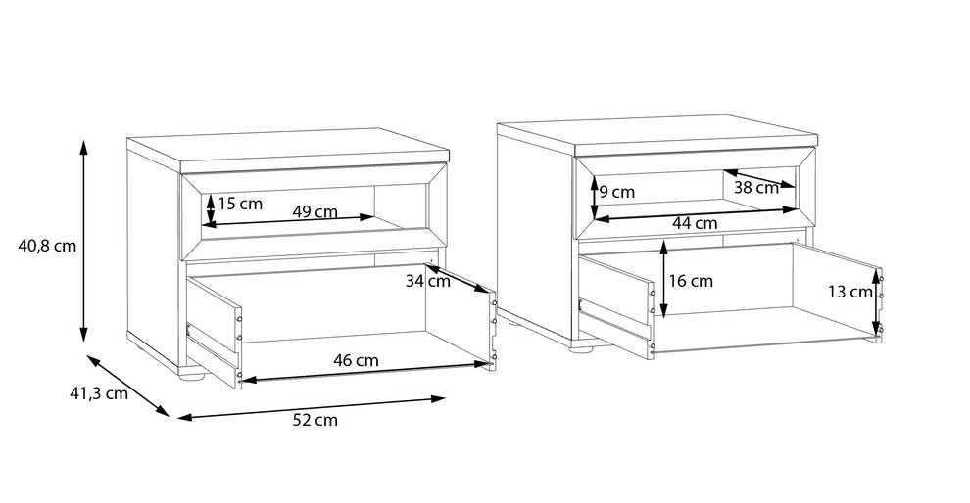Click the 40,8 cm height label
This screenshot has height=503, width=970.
click(47, 246)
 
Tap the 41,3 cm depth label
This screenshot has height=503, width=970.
click(98, 392)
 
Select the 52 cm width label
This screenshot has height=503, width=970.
click(315, 420)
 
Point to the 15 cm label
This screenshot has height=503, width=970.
click(240, 204)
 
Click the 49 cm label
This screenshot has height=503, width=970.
click(315, 212)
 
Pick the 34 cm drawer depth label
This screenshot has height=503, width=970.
click(428, 281)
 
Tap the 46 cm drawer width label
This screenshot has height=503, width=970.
click(356, 360)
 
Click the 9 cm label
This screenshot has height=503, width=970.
click(617, 192)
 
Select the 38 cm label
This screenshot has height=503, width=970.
click(756, 187)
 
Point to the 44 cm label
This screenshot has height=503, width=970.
click(695, 223)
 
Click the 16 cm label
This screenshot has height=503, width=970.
click(691, 281)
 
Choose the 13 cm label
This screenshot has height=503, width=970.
click(850, 293)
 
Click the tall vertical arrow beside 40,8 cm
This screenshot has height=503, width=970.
click(84, 241)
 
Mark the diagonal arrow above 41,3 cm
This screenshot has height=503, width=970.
click(127, 386)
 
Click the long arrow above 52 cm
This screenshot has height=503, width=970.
click(312, 408)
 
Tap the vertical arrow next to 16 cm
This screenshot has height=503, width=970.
click(663, 279)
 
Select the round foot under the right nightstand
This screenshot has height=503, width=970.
click(581, 350)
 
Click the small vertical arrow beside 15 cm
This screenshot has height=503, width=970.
click(211, 208)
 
